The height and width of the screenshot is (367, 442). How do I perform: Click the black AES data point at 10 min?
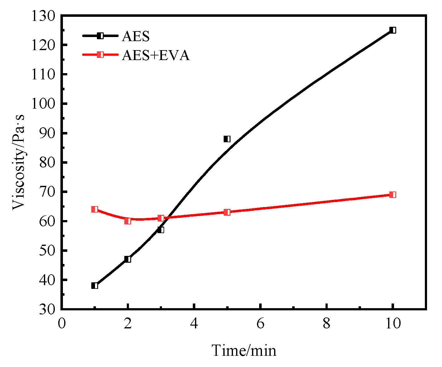pos(393,30)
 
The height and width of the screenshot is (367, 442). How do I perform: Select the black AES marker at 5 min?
pos(227,139)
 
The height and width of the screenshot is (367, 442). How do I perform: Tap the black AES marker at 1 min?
pos(95,285)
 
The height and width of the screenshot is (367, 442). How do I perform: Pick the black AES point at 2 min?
pos(128,259)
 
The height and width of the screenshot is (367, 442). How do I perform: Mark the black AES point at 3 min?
pos(161,230)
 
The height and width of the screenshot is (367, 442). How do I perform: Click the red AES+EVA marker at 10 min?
pos(393,195)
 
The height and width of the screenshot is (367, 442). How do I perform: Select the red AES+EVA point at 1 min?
pos(95,209)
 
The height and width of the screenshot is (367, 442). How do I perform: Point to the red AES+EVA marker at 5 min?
pos(227,212)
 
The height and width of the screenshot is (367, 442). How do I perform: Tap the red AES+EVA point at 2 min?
pos(128,221)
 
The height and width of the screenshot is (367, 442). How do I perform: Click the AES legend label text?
pos(136,36)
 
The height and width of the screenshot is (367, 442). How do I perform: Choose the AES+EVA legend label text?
pos(156,55)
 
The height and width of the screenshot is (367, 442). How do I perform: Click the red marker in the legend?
pos(100,55)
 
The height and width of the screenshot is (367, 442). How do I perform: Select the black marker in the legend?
pos(100,36)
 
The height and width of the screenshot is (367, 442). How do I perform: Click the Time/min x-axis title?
pos(244,351)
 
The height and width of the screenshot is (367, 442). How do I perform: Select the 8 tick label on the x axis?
pos(326,324)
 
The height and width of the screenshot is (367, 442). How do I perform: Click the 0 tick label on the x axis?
pos(62,324)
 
